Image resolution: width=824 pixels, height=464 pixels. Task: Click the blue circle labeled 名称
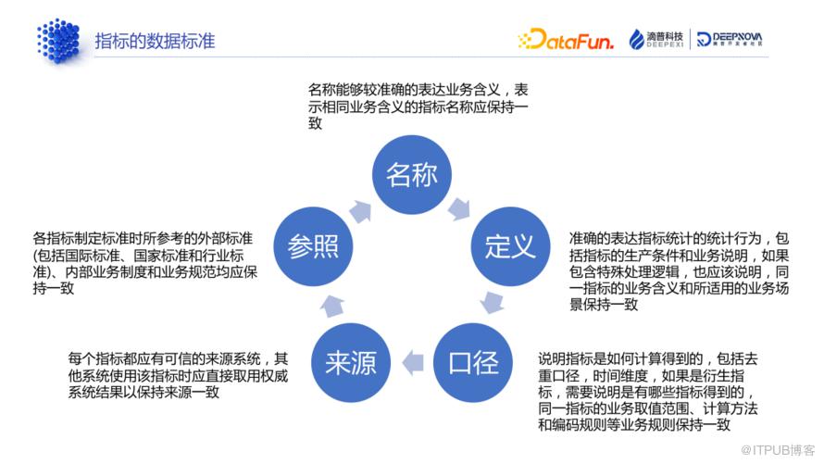tap(411, 174)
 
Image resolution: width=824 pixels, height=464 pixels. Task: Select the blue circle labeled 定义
tap(510, 246)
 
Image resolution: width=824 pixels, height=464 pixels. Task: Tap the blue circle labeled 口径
tap(472, 362)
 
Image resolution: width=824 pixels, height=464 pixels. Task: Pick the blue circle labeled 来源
tap(351, 362)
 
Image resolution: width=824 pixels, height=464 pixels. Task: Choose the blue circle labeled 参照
tap(313, 246)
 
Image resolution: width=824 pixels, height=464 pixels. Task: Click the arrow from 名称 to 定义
tap(459, 209)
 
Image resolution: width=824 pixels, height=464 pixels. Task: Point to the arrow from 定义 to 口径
tap(493, 302)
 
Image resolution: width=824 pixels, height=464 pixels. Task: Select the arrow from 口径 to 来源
tap(413, 362)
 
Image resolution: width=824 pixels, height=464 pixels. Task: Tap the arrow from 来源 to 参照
tap(332, 306)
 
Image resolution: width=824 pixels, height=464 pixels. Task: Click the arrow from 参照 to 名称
tap(360, 211)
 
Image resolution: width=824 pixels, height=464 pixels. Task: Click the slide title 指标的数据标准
tap(155, 41)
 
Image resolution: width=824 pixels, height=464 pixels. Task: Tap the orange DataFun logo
tap(566, 39)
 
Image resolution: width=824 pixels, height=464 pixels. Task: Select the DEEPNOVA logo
tap(730, 39)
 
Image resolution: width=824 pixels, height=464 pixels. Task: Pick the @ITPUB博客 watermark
tap(777, 450)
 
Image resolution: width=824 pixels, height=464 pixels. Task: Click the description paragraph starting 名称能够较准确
tap(418, 107)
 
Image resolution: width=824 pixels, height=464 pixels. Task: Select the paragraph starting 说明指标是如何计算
tap(647, 392)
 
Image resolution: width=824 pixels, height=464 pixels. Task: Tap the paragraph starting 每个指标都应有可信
tap(178, 375)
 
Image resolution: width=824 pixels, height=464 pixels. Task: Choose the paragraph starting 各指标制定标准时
tap(145, 263)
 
